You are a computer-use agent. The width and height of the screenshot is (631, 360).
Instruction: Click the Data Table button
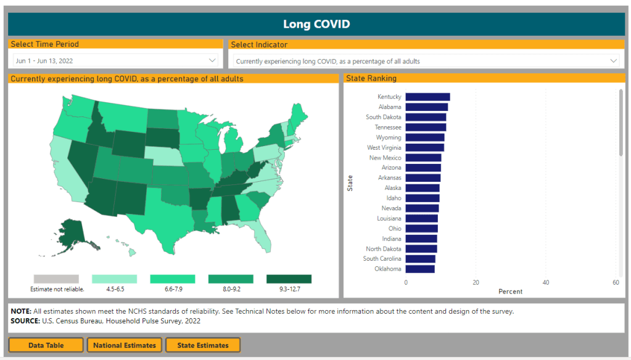(x=46, y=345)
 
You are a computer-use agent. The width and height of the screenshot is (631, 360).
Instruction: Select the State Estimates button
(x=202, y=345)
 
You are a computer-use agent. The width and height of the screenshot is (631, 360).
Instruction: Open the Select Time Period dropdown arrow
(x=213, y=60)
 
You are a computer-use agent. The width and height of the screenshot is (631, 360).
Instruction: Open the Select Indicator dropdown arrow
(x=613, y=60)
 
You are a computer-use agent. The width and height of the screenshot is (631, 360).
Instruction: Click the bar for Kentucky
(x=427, y=97)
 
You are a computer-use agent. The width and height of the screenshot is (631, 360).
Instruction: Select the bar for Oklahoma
(x=420, y=269)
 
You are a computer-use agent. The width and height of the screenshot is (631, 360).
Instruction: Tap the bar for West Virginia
(x=424, y=147)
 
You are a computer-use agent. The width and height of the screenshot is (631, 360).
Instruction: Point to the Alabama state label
(x=390, y=107)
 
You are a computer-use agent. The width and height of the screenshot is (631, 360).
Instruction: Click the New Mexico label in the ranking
(x=385, y=158)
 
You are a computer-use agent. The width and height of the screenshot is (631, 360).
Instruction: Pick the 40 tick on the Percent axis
(x=546, y=282)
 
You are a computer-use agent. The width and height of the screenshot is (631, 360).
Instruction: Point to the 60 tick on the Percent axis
(x=616, y=282)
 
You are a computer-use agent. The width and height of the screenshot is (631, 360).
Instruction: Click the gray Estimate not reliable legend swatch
(x=57, y=279)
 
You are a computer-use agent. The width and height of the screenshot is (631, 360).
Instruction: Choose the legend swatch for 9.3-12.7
(x=289, y=279)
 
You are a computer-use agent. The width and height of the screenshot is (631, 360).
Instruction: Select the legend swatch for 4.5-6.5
(x=114, y=279)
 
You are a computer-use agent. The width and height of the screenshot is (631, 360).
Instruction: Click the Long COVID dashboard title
(x=316, y=25)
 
